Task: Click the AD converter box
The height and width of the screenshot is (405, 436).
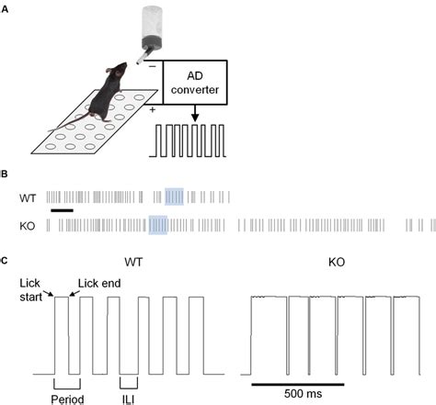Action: point(195,83)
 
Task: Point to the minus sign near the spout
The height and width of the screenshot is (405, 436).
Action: point(152,66)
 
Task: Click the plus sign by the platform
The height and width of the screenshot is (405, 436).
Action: point(153,109)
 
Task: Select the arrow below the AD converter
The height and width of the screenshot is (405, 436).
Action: point(195,113)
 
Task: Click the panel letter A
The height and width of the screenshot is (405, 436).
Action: point(5,9)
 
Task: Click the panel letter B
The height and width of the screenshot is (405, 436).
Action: point(4,174)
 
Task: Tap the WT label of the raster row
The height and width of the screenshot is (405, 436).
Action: point(28,198)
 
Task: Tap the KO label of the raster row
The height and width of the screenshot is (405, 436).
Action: point(28,226)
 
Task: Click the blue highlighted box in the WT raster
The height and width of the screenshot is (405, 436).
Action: point(174,197)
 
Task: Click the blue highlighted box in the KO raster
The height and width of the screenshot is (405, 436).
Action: point(158,225)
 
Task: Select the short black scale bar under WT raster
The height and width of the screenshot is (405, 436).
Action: point(63,210)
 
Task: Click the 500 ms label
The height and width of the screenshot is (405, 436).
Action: point(303,393)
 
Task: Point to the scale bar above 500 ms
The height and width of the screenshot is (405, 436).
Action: point(298,384)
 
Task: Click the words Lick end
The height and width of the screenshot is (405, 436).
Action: point(99,284)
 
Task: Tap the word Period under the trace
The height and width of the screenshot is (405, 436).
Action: point(67,399)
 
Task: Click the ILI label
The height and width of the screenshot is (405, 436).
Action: point(129,399)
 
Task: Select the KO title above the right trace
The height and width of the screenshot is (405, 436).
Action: point(337,263)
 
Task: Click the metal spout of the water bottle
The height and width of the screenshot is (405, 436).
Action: point(143,57)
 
